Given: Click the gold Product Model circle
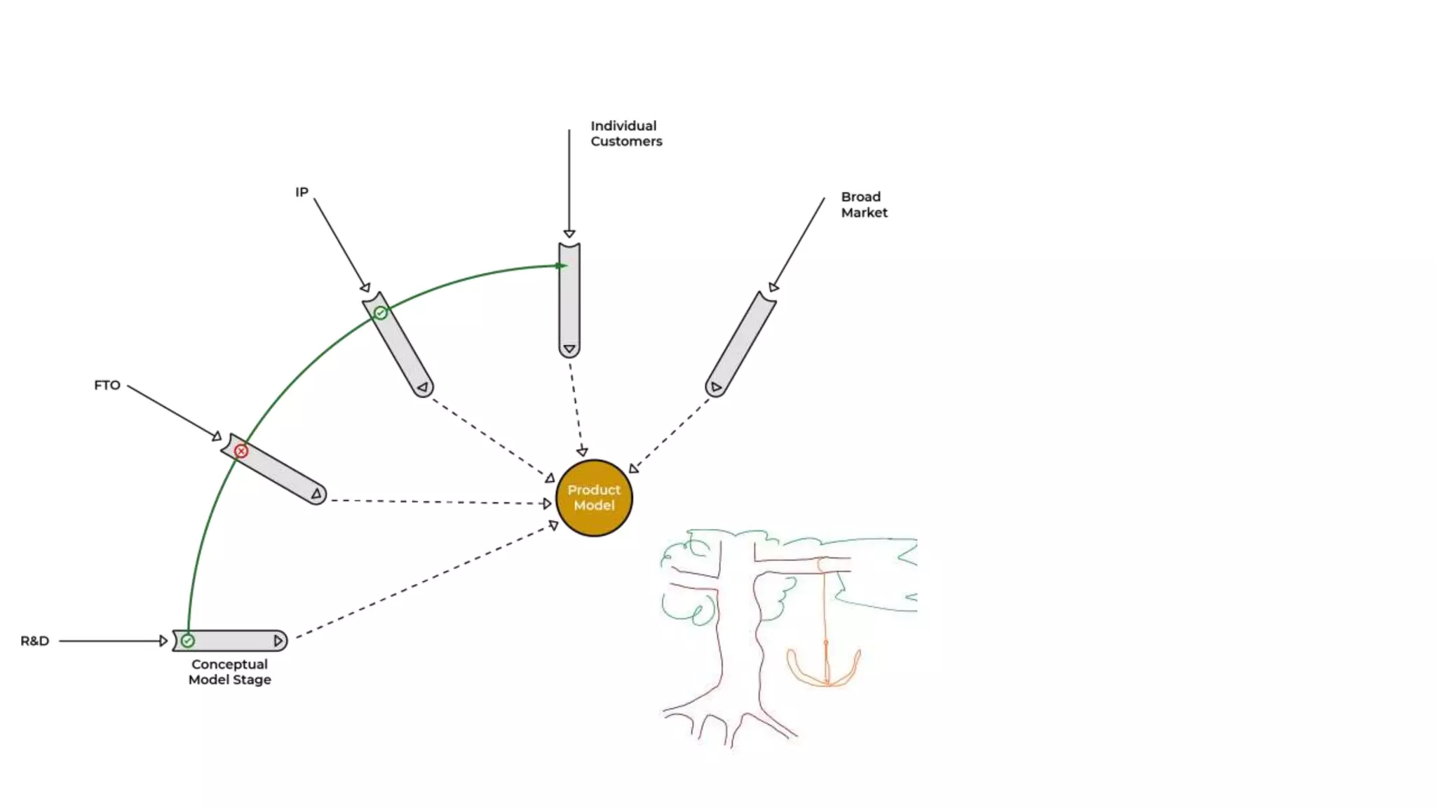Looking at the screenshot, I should point(594,498).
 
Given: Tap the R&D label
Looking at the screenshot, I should point(34,640).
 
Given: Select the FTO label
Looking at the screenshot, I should point(107,385).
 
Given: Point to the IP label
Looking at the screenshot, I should point(302,191).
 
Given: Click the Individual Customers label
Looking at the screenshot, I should point(625,133).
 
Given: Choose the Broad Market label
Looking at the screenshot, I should point(864,204).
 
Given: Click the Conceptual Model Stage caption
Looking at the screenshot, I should point(229,671).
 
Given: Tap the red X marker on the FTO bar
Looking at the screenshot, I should point(241,451).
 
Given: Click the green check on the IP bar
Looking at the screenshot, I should point(380,313).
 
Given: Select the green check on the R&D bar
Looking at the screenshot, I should point(187,640).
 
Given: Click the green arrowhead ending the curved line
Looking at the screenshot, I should point(562,266).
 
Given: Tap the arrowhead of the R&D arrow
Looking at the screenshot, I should point(163,640).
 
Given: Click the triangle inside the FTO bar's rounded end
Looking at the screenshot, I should point(317,494).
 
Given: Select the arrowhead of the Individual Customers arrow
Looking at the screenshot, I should point(569,234).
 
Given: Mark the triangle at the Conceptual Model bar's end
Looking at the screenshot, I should point(278,640).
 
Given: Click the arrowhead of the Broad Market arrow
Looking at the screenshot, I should point(773,287).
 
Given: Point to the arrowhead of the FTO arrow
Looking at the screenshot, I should point(217,436).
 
